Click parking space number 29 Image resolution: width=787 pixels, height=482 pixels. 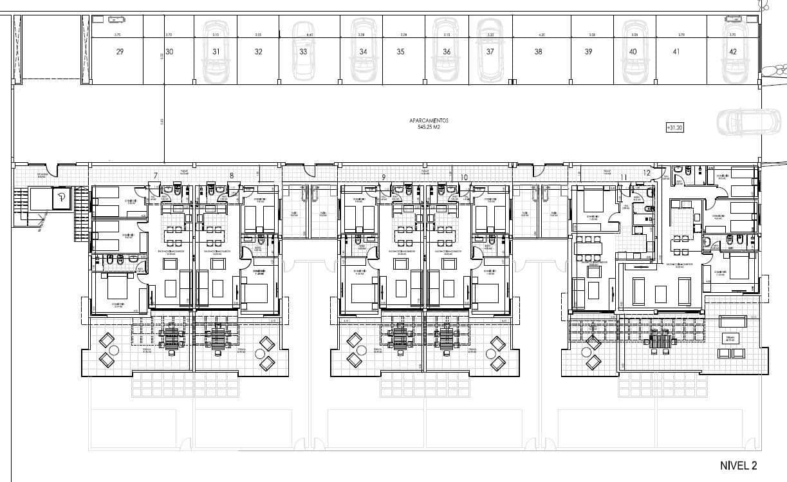120,52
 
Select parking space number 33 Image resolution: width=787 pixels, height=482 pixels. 303,52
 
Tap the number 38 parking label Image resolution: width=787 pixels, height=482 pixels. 538,52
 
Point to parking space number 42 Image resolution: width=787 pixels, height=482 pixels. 733,52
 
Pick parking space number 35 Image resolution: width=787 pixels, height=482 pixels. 400,52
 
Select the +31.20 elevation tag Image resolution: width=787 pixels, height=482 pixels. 674,127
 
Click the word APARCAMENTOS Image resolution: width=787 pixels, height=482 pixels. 428,120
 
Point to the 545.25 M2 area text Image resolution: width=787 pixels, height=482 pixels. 428,127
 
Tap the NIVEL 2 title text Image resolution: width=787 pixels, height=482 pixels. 738,465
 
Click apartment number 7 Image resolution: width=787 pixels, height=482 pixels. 156,176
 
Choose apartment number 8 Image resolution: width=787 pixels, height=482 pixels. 231,176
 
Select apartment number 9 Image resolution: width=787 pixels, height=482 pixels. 384,176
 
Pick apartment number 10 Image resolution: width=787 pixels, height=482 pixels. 464,176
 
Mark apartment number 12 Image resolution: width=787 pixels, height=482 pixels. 646,172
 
